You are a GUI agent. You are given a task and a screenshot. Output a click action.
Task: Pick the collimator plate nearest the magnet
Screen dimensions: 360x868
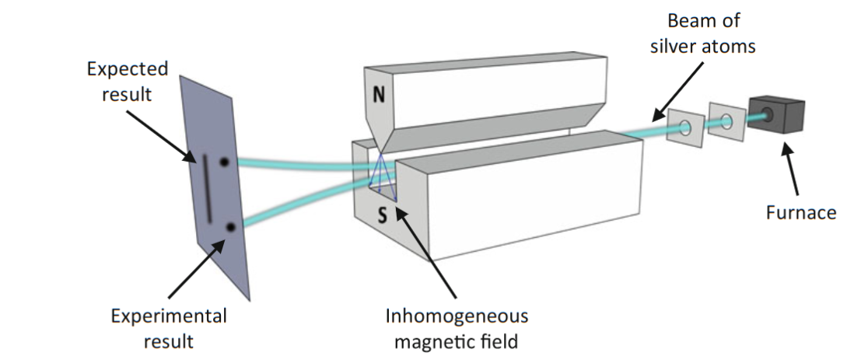685,127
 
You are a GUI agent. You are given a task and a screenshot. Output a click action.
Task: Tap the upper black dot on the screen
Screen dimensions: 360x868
225,163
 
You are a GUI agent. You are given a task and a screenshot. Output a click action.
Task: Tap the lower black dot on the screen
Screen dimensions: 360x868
231,227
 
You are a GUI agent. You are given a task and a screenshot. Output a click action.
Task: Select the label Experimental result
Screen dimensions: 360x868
168,327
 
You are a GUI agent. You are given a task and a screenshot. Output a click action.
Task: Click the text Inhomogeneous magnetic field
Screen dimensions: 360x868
457,327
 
